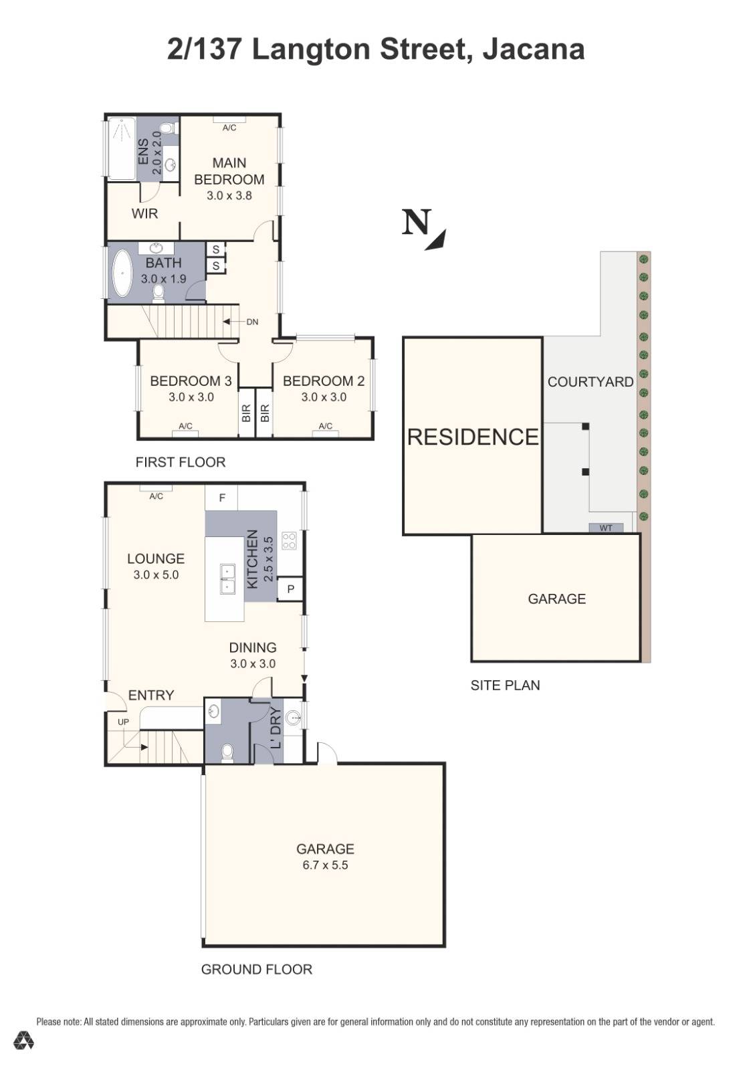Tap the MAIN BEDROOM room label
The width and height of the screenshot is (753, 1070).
(x=229, y=171)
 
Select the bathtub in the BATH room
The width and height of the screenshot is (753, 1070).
(x=122, y=273)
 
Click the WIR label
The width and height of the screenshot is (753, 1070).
(x=144, y=214)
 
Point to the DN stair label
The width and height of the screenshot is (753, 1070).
(x=251, y=322)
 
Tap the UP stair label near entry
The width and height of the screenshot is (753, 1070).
(x=123, y=722)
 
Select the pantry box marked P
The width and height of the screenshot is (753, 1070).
(x=290, y=589)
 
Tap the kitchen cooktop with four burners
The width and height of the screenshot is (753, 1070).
(x=289, y=540)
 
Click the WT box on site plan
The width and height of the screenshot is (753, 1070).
(x=605, y=528)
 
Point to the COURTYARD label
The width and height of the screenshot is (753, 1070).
(x=590, y=382)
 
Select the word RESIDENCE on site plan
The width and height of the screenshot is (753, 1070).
(x=472, y=437)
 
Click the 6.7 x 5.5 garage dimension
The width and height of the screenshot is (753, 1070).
(x=325, y=865)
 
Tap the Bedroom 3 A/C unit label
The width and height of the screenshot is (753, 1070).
(x=185, y=427)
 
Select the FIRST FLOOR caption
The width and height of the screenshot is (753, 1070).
(x=180, y=462)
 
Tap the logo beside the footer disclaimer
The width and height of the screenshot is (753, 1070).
(x=24, y=1040)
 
